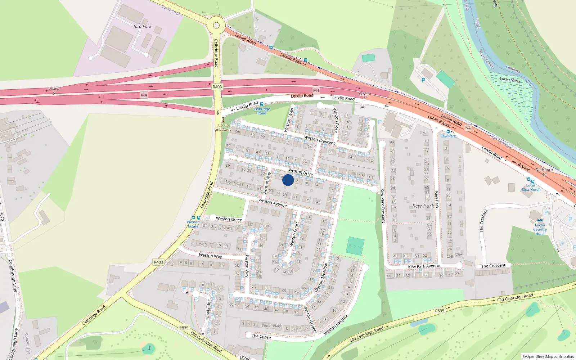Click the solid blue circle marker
(x=288, y=180)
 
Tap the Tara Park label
(x=142, y=26)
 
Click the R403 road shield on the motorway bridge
(x=217, y=87)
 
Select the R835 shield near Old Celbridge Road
(x=440, y=311)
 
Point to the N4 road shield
(x=468, y=128)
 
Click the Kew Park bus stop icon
(x=448, y=131)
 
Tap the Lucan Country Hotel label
(x=540, y=229)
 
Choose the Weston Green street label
(x=229, y=219)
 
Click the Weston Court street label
(x=294, y=234)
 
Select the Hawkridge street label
(x=208, y=309)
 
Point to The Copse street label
(x=261, y=336)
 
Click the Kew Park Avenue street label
(x=424, y=266)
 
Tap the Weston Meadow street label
(x=321, y=277)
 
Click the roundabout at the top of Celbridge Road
(x=216, y=26)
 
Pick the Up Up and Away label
(x=223, y=127)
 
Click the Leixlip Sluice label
(x=510, y=80)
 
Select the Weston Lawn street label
(x=289, y=120)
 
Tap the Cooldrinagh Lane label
(x=13, y=276)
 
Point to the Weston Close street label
(x=336, y=120)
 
